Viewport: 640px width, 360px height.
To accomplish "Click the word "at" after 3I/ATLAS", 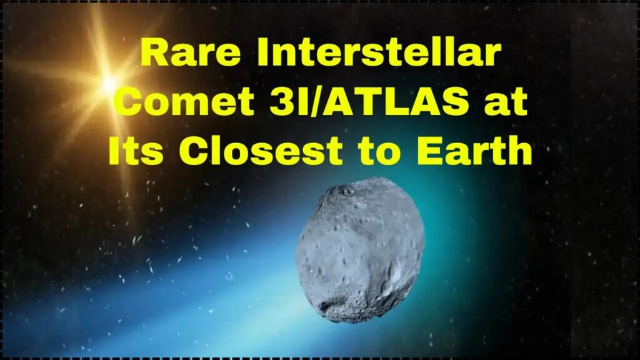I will pos(507,102).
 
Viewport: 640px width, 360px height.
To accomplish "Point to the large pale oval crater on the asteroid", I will pos(395,270).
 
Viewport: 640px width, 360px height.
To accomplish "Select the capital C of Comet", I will pos(134,102).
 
